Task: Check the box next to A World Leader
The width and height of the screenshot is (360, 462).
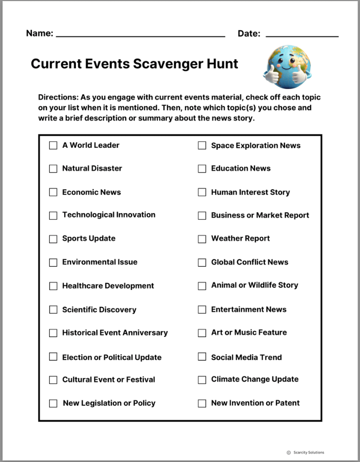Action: click(x=53, y=146)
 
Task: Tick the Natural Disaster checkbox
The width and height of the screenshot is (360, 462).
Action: click(x=53, y=169)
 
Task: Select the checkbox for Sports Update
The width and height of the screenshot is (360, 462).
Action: click(x=53, y=239)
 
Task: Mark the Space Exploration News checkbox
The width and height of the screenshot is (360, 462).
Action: click(x=202, y=146)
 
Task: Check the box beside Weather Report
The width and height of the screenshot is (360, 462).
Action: click(x=202, y=239)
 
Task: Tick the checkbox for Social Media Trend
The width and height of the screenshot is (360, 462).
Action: click(x=202, y=357)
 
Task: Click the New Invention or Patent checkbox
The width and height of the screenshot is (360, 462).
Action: click(x=202, y=403)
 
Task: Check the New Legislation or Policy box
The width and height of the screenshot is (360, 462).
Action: click(x=53, y=403)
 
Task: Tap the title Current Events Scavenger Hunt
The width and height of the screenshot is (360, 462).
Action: click(x=134, y=64)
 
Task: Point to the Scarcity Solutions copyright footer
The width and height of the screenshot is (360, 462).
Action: click(x=305, y=452)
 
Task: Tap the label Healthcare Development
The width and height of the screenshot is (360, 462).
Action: click(x=108, y=286)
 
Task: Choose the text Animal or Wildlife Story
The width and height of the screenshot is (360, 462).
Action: click(x=255, y=285)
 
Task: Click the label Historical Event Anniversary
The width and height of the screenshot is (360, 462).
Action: click(x=115, y=333)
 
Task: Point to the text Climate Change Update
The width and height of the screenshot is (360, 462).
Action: click(x=255, y=380)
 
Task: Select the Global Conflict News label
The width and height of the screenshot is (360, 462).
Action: click(x=250, y=262)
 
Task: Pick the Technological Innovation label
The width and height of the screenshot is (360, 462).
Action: click(x=109, y=215)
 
